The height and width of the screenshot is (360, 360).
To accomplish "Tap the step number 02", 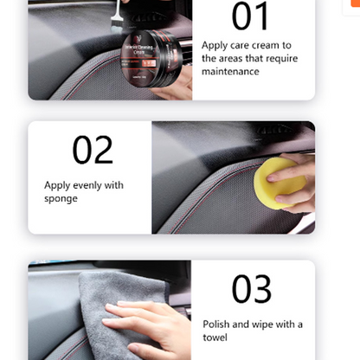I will click(x=93, y=150).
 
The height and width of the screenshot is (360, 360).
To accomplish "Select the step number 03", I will click(x=252, y=290).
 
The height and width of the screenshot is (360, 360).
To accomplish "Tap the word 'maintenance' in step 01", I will click(x=230, y=72).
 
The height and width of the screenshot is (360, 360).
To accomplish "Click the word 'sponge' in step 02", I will click(x=61, y=198).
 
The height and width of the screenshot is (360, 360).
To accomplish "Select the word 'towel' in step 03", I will click(x=215, y=337).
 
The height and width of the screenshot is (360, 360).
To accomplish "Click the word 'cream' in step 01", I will click(x=267, y=44).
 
